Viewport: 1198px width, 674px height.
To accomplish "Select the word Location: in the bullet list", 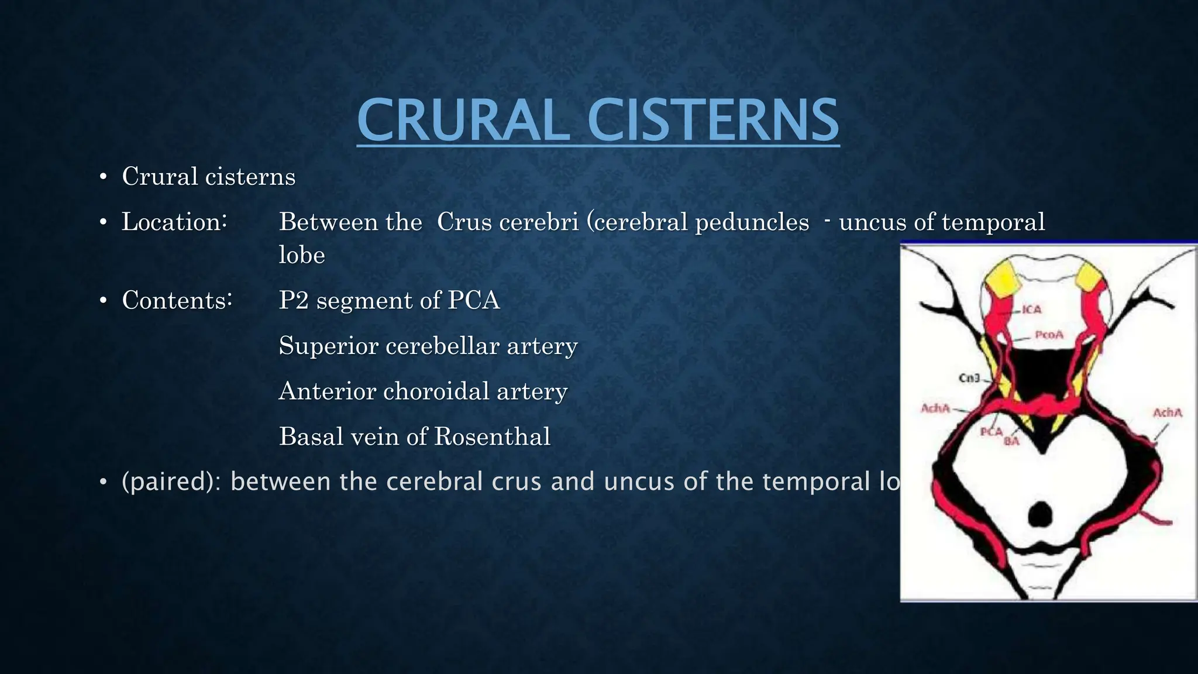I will coord(174,222).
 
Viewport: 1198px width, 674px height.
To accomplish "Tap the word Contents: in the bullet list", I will coord(177,301).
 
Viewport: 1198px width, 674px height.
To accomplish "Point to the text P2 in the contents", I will coord(294,301).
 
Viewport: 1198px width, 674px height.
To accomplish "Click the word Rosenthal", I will coord(492,436).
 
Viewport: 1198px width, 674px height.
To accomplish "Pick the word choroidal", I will coord(436,391).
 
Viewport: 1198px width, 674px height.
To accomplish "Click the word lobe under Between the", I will coord(302,255).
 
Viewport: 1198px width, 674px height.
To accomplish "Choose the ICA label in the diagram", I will coord(1032,309).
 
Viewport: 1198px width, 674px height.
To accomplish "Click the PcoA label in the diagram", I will coord(1049,335).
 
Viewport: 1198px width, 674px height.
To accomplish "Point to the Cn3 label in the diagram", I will coord(969,378).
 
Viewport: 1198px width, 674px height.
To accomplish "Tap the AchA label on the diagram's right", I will coord(1168,412).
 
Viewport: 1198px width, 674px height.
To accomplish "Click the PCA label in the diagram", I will coord(992,432).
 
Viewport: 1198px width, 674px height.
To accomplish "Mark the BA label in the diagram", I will coord(1011,441).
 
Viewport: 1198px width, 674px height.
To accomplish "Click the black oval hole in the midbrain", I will coord(1041,514).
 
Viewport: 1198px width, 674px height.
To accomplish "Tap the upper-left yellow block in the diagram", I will coord(1003,278).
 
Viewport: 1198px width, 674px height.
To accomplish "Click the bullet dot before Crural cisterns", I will coord(103,177).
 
